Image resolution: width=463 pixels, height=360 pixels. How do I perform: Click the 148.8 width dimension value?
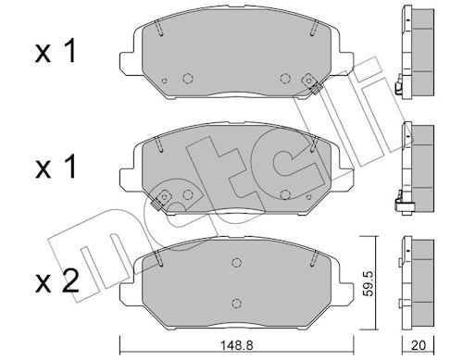point(236,345)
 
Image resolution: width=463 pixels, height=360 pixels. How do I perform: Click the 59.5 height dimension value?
point(369,283)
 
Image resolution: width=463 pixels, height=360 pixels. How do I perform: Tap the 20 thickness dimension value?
point(419,345)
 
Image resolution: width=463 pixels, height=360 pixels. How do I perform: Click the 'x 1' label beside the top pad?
point(56,52)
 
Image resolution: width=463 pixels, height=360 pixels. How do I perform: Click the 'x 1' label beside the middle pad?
point(56,167)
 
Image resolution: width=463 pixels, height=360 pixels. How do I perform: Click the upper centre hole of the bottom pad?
point(236,263)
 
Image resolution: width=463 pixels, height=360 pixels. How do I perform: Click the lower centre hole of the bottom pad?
point(236,303)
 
